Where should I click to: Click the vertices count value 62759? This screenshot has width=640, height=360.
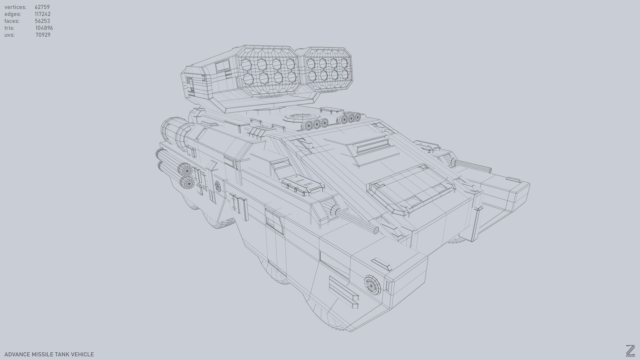coord(42,7)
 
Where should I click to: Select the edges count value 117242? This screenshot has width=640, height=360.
coord(42,14)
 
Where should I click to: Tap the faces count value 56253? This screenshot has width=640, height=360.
coord(42,21)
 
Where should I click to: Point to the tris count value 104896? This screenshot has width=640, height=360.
coord(44,28)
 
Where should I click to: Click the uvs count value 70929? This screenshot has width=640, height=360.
coord(43,35)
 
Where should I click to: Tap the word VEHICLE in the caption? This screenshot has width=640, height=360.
coord(82,354)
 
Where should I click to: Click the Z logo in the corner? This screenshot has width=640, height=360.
coord(630,351)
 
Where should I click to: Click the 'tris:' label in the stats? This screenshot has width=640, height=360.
coord(9,28)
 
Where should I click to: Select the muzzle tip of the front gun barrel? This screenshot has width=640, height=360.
coord(376,230)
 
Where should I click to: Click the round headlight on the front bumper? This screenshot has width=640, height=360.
coord(372,285)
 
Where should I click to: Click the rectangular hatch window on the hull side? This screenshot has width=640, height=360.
coord(274,220)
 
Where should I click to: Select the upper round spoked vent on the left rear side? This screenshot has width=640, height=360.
coord(186,170)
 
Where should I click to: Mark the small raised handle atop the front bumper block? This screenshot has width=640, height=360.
coord(381,264)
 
